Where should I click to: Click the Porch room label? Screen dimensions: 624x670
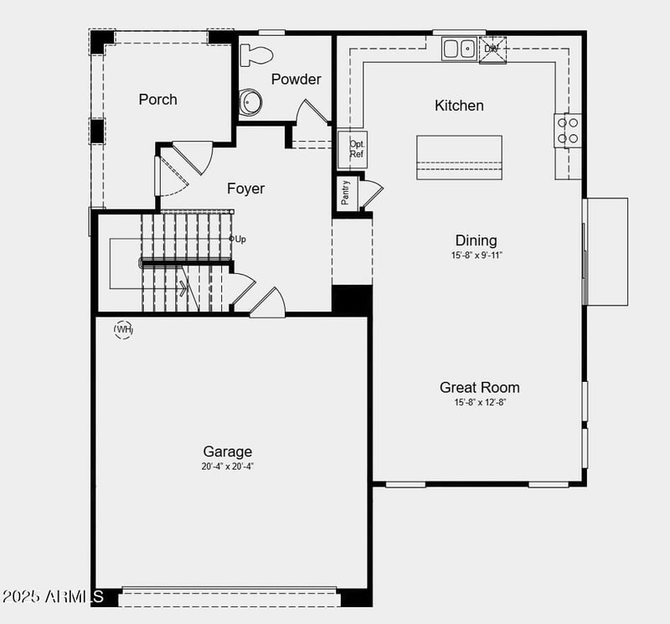pyautogui.click(x=157, y=99)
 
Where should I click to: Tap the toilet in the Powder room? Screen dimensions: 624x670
pyautogui.click(x=256, y=55)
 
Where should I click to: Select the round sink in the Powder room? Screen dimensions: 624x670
pyautogui.click(x=250, y=102)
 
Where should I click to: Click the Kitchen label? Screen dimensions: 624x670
pyautogui.click(x=459, y=106)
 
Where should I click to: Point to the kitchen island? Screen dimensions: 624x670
pyautogui.click(x=459, y=157)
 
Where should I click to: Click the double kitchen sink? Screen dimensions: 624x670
pyautogui.click(x=458, y=49)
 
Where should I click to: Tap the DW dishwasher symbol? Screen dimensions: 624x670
pyautogui.click(x=492, y=49)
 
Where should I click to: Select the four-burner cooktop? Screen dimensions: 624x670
pyautogui.click(x=568, y=130)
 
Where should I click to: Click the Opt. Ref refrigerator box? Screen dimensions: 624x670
pyautogui.click(x=357, y=149)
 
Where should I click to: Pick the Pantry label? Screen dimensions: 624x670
pyautogui.click(x=346, y=193)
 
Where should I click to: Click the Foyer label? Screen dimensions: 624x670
pyautogui.click(x=245, y=188)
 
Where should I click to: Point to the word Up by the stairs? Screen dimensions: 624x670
pyautogui.click(x=240, y=240)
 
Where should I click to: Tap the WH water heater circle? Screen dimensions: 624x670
pyautogui.click(x=124, y=329)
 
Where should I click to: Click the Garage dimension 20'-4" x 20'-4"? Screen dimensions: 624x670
pyautogui.click(x=227, y=467)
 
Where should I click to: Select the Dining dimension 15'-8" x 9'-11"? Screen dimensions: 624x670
pyautogui.click(x=476, y=255)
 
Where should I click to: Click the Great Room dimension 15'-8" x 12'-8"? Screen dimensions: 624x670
pyautogui.click(x=479, y=402)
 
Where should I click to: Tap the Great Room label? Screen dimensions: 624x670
pyautogui.click(x=479, y=387)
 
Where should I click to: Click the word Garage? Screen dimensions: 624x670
pyautogui.click(x=227, y=451)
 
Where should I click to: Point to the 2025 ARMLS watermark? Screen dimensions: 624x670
pyautogui.click(x=52, y=596)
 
